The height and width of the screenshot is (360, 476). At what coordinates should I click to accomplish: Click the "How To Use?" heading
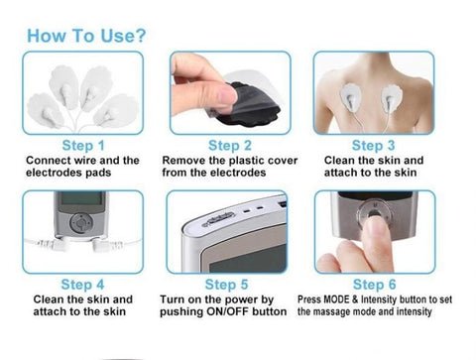tap(88, 35)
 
